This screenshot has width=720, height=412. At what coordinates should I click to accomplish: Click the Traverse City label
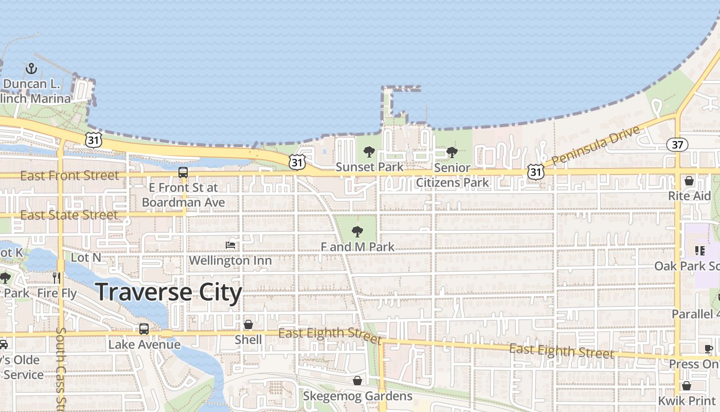[169, 292]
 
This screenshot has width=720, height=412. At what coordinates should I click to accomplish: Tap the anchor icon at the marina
[31, 68]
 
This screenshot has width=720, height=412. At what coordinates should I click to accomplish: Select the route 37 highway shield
[677, 145]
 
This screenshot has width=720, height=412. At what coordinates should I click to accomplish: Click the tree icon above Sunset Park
[369, 152]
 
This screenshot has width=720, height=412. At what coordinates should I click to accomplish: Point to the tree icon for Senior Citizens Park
[452, 152]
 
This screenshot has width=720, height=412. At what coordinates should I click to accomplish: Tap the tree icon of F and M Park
[357, 232]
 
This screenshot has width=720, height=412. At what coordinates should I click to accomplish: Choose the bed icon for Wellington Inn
[230, 245]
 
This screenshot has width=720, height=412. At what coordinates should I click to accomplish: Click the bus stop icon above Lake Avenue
[144, 329]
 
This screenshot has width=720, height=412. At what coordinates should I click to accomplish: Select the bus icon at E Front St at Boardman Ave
[183, 173]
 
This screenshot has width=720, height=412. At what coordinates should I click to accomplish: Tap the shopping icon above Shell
[248, 324]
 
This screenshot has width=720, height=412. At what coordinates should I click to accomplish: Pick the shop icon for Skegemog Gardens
[357, 381]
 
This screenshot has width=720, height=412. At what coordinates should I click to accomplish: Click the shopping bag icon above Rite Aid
[689, 181]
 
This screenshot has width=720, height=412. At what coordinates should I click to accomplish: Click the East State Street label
[69, 215]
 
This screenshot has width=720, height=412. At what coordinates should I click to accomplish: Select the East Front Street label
[69, 176]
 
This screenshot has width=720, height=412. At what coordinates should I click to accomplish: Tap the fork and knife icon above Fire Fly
[57, 278]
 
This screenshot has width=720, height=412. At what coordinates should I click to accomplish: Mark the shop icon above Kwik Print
[687, 386]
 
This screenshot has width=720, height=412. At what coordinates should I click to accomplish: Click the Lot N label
[86, 257]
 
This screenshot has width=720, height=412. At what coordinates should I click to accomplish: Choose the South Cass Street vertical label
[61, 368]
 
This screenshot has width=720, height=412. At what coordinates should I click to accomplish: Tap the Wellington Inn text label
[230, 261]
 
